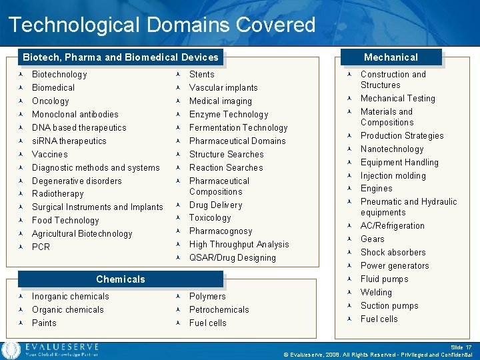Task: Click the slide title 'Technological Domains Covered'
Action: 162,25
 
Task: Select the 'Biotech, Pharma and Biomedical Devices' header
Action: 120,57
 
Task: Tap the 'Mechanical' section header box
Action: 391,57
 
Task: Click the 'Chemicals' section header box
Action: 120,279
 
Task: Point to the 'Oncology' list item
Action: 51,101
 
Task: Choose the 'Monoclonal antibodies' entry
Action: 75,115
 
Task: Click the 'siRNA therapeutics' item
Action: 69,141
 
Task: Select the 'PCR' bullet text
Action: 41,247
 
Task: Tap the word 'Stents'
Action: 202,75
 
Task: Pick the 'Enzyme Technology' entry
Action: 229,115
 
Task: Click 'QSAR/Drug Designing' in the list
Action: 233,258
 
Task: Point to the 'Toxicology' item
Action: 210,218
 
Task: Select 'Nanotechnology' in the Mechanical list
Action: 392,149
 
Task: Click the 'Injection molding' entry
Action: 393,176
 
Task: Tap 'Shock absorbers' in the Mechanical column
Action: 393,253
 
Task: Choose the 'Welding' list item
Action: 376,293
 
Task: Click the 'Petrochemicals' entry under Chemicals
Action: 219,310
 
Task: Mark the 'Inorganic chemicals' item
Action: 71,297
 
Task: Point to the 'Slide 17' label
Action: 460,347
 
